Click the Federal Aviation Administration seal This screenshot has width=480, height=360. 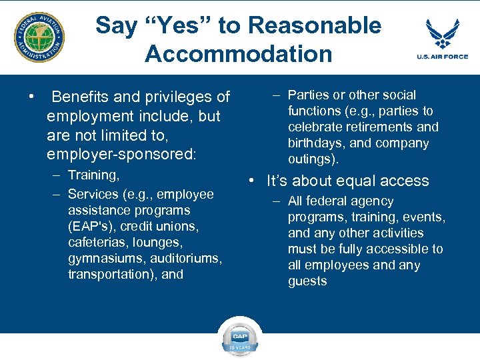click(40, 37)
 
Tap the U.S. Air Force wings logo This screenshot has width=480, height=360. click(447, 33)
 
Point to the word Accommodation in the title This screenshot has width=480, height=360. click(238, 54)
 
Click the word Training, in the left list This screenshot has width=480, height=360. click(94, 175)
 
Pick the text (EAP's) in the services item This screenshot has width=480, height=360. click(94, 226)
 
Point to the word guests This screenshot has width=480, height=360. click(307, 281)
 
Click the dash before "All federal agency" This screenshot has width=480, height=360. click(276, 201)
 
